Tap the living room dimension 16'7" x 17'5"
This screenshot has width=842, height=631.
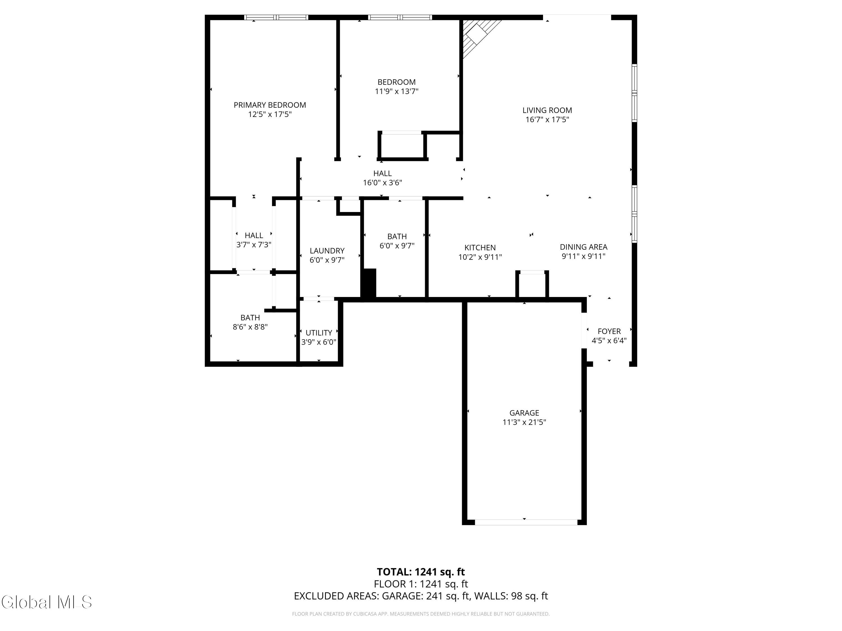[x=547, y=119]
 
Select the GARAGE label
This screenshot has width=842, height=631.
[x=524, y=413]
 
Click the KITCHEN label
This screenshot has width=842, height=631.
[x=480, y=248]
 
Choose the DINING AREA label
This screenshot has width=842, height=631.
[x=584, y=247]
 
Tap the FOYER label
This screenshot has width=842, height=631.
[x=609, y=331]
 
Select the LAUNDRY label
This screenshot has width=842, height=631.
[x=327, y=251]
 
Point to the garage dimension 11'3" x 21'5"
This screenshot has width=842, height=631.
[x=524, y=422]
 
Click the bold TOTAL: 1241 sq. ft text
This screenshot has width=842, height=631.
[x=421, y=572]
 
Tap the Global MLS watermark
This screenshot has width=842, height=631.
[x=46, y=602]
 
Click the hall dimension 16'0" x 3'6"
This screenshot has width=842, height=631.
[x=382, y=183]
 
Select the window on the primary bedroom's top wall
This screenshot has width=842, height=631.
[x=276, y=17]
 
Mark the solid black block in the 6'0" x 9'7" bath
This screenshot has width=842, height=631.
[x=369, y=283]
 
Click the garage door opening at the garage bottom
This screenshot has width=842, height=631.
[x=526, y=522]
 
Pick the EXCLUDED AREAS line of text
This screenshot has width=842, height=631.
[x=421, y=596]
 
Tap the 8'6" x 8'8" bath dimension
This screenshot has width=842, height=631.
[x=250, y=327]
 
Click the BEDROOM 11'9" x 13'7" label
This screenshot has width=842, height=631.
[x=397, y=87]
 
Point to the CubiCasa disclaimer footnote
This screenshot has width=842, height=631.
[x=421, y=614]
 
